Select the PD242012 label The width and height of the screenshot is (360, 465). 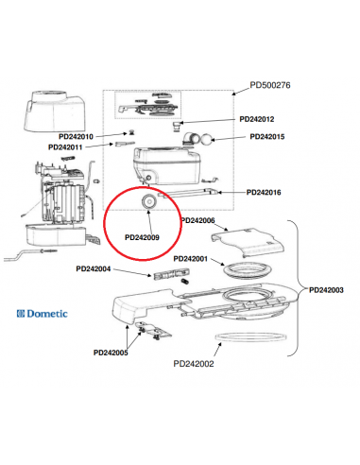pyautogui.click(x=257, y=119)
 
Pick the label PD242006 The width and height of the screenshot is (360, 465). pyautogui.click(x=197, y=220)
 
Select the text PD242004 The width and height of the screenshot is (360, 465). pyautogui.click(x=93, y=268)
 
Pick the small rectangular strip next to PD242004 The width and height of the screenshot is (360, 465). pyautogui.click(x=166, y=275)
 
